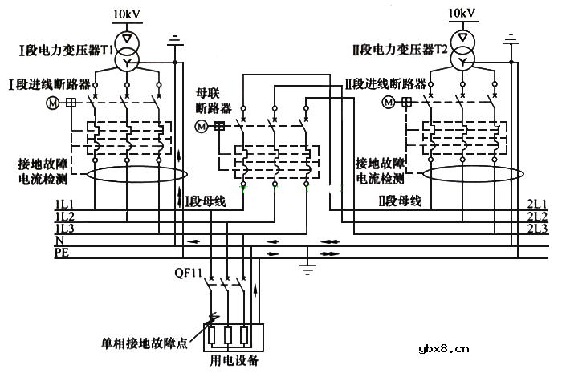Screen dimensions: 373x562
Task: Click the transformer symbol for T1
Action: [126, 50]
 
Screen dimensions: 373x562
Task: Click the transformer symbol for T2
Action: [462, 50]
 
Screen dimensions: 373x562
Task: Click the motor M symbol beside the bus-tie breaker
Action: [202, 126]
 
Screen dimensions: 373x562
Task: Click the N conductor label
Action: [59, 241]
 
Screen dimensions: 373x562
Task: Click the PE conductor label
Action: [60, 253]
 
